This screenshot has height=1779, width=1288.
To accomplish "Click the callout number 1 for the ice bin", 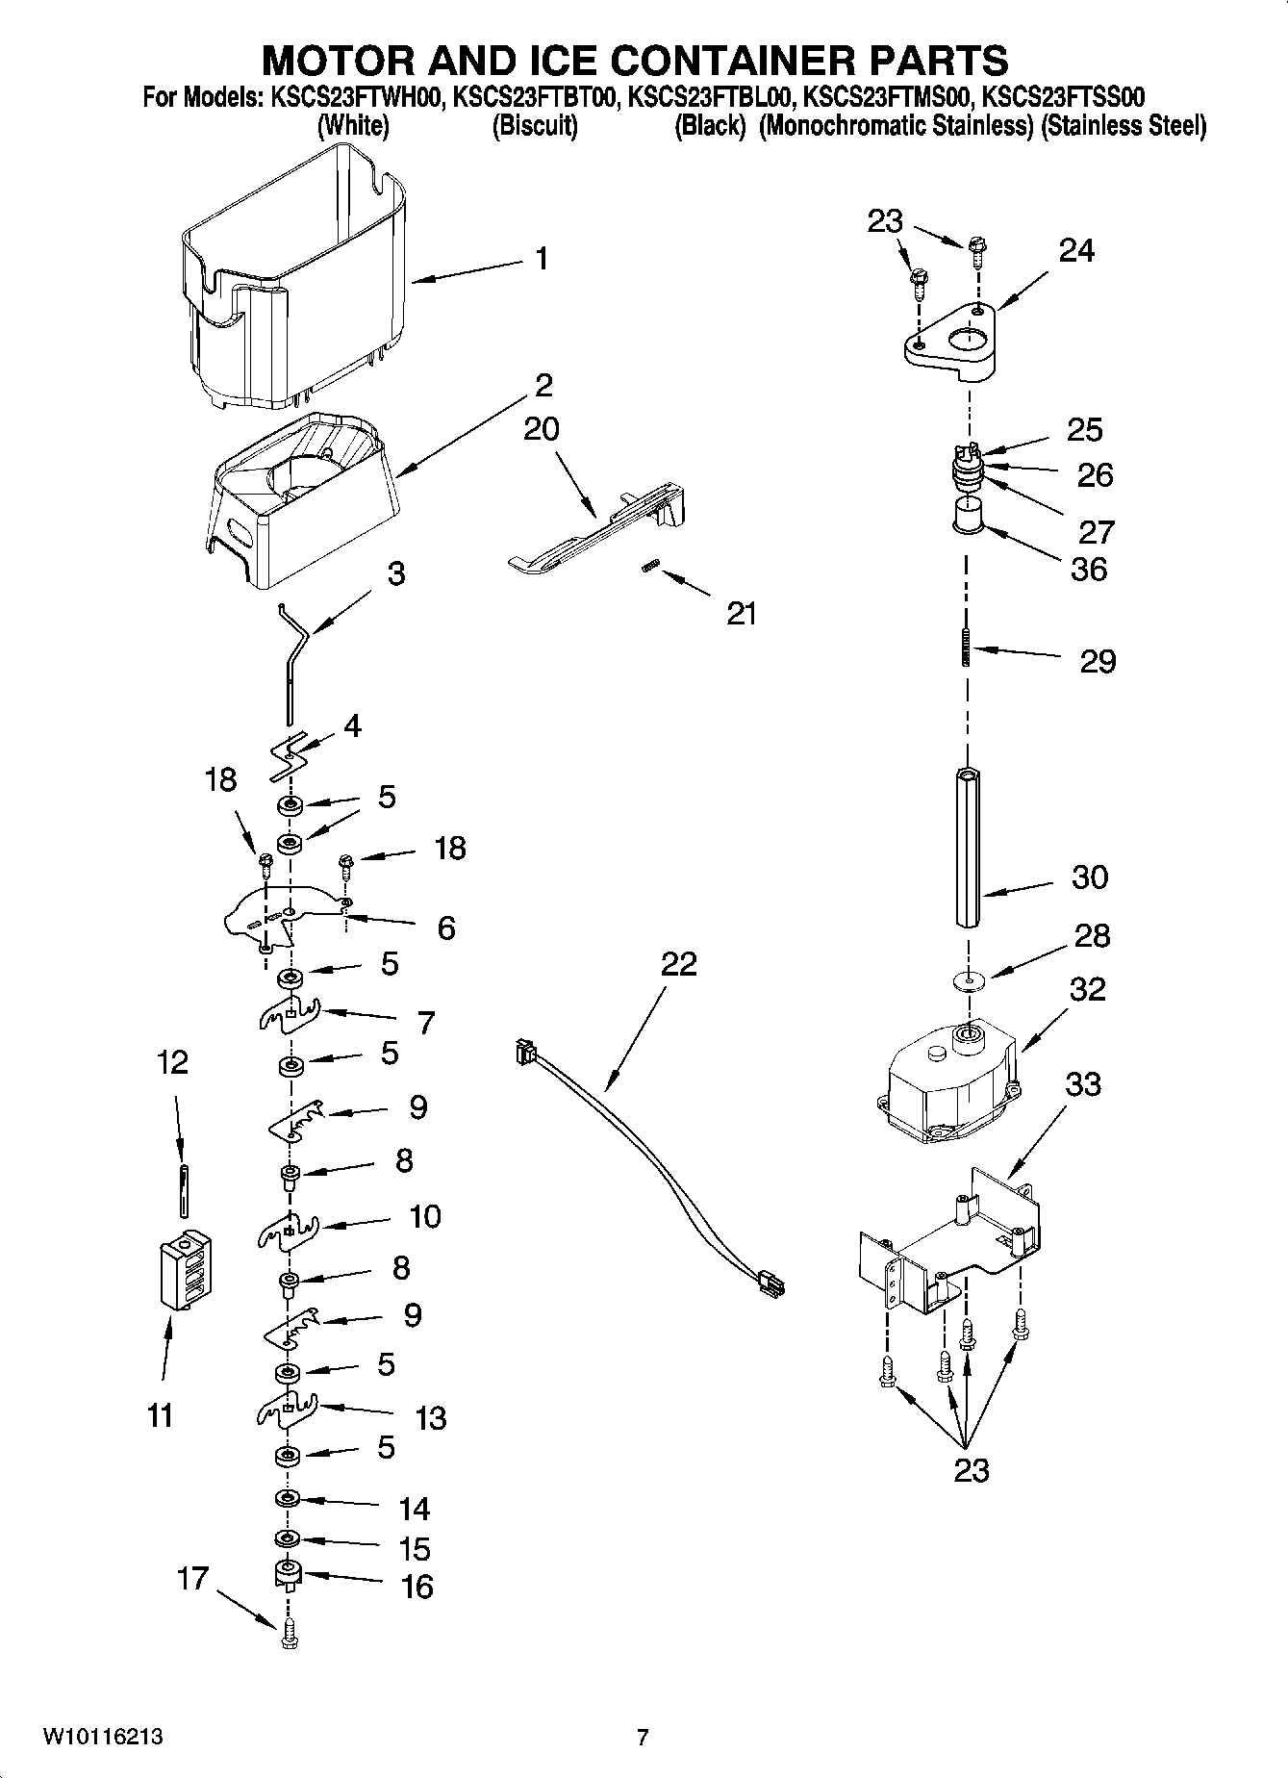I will (542, 259).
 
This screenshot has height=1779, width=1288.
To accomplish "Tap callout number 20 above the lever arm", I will (542, 429).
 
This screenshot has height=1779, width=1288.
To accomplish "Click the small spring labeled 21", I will (649, 569).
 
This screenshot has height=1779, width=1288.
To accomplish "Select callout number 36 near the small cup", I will (1089, 569).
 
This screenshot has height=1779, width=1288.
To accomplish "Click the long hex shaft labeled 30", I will (967, 847).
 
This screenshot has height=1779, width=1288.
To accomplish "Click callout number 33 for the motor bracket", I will (1082, 1084).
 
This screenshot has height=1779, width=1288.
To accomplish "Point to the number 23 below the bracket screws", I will (971, 1470).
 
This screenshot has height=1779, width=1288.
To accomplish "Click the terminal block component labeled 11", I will (185, 1269).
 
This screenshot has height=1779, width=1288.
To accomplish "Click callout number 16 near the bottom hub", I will (417, 1587).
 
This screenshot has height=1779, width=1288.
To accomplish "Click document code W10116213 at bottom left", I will (103, 1738).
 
